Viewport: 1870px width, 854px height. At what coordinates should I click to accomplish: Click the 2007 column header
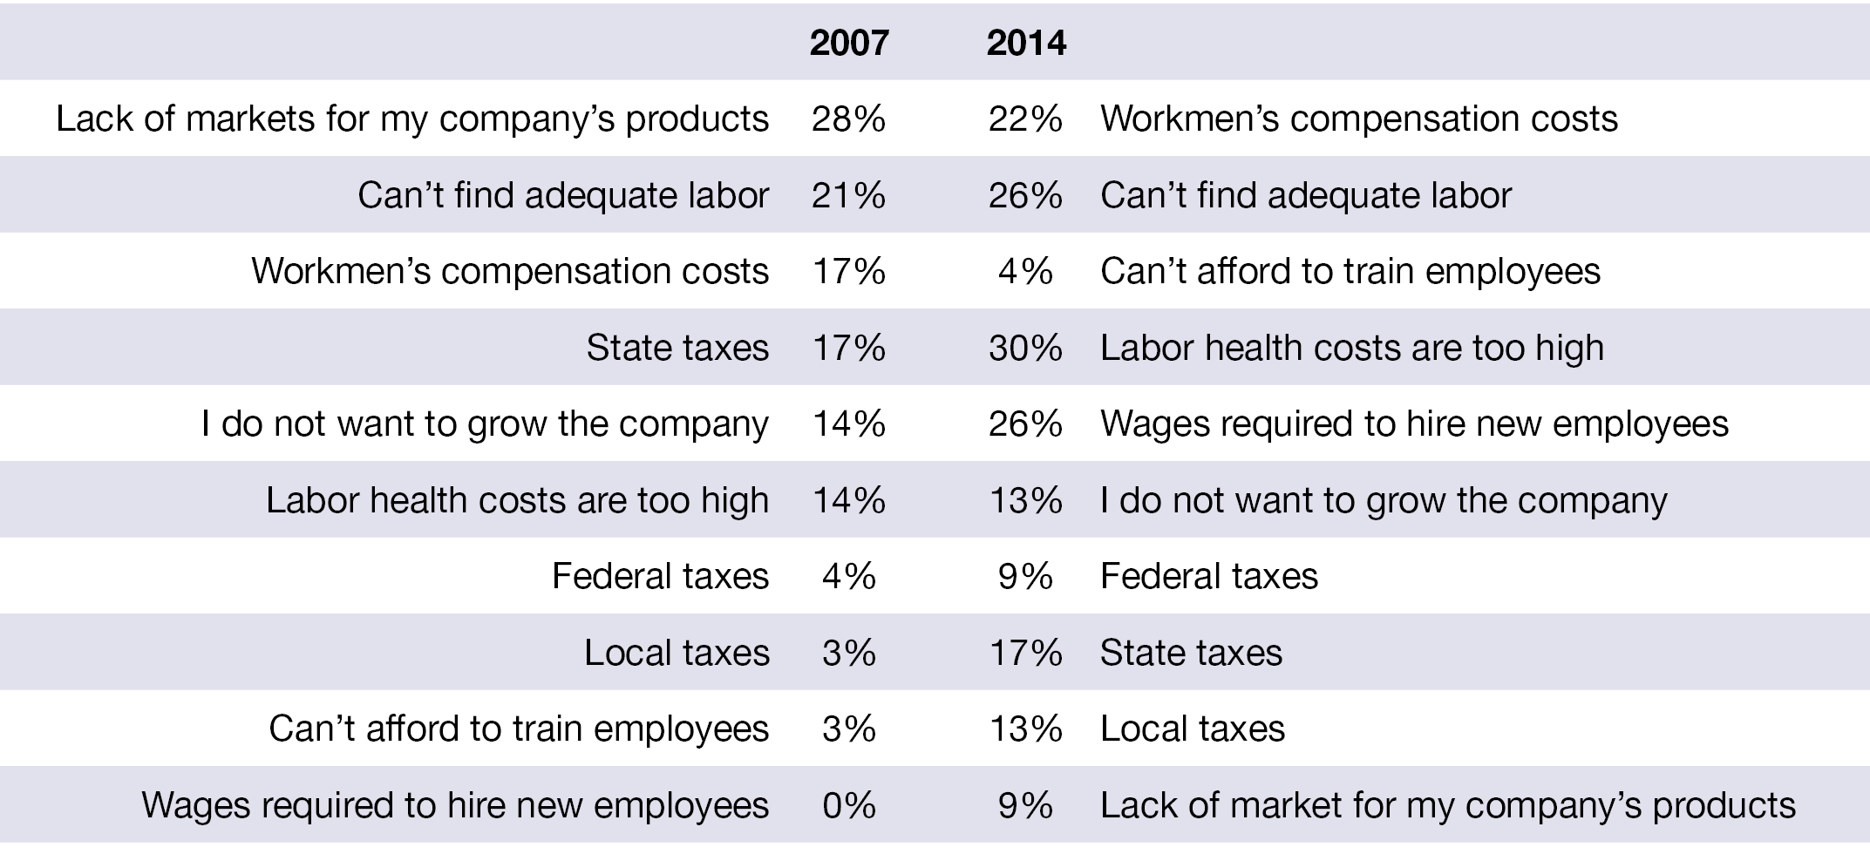point(849,42)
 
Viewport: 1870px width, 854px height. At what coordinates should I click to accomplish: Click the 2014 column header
point(1026,42)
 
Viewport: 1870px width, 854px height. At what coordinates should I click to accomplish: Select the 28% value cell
point(848,119)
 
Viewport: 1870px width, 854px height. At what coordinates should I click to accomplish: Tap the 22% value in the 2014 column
point(1025,119)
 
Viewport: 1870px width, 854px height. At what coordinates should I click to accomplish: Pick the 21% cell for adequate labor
point(848,195)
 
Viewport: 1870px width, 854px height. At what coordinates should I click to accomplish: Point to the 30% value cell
point(1025,348)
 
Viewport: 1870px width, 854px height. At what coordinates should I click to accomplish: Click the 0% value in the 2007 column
point(849,805)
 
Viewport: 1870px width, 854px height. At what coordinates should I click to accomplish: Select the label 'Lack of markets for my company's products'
point(412,119)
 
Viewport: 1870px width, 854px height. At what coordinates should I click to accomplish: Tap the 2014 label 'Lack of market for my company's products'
point(1448,806)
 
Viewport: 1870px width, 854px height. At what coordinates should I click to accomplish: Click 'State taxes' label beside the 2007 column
point(677,348)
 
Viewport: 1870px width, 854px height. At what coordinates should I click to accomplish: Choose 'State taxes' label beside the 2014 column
point(1192,653)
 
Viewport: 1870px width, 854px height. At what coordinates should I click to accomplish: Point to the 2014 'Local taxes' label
point(1193,729)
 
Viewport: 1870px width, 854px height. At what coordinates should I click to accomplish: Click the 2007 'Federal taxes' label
point(660,577)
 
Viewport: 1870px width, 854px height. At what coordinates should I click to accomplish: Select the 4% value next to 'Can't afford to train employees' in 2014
point(1025,271)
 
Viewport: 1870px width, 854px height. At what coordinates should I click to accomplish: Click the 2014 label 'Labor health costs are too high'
point(1352,349)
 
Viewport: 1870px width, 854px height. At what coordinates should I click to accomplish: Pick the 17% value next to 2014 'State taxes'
point(1025,653)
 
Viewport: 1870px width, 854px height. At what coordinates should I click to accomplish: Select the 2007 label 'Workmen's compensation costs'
point(510,272)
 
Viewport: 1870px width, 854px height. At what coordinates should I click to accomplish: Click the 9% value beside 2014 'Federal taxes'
point(1025,577)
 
